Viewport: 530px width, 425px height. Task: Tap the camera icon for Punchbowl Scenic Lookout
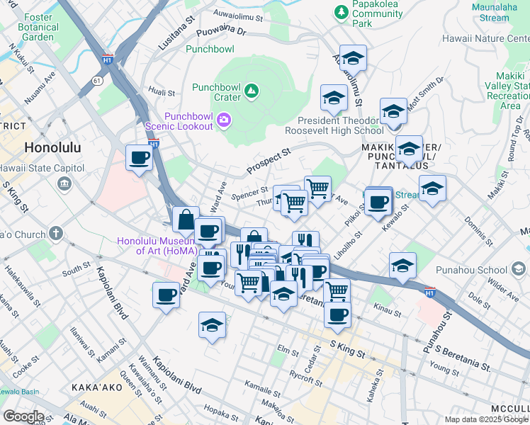[x=225, y=120]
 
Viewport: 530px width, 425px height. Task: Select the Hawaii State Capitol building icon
[x=64, y=183]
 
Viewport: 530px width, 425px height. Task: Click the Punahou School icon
[x=519, y=269]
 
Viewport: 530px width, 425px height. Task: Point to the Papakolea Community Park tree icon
[x=342, y=12]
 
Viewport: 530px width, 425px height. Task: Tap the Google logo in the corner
[x=23, y=416]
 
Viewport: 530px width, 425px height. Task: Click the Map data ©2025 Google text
[x=486, y=419]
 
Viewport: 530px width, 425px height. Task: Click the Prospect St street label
[x=269, y=161]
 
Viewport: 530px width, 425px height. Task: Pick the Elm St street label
[x=288, y=351]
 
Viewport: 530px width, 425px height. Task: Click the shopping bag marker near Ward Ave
[x=185, y=220]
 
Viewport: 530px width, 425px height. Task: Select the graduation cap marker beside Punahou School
[x=402, y=265]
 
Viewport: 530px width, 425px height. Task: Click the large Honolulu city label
[x=52, y=148]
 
